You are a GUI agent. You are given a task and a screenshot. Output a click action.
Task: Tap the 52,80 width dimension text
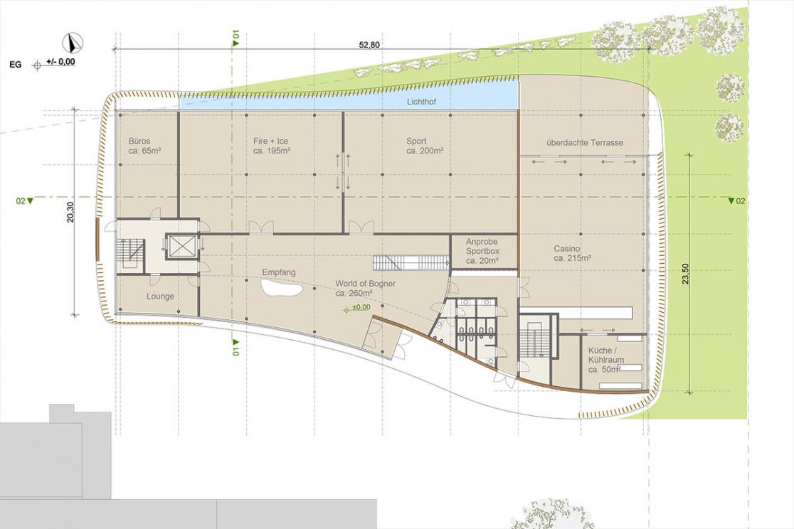pos(369,45)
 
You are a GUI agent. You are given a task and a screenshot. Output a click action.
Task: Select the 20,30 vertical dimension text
pos(70,212)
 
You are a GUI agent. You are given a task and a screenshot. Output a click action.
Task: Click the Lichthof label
pos(421,102)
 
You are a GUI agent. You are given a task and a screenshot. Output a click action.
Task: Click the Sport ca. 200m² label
pos(425,146)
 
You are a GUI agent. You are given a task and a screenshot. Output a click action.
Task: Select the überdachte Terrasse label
pos(585,143)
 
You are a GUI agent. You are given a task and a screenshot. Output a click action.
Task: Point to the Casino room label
pos(573,254)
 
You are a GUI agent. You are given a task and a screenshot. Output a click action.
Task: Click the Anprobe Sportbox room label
pos(482,251)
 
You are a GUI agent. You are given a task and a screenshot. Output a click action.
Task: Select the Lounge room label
pos(161,296)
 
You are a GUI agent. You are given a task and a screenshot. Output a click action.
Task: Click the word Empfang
pos(278,272)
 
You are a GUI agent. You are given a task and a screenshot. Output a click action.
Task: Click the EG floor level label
pos(16,65)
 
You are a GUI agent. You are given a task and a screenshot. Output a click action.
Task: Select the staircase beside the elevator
pos(131,253)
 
